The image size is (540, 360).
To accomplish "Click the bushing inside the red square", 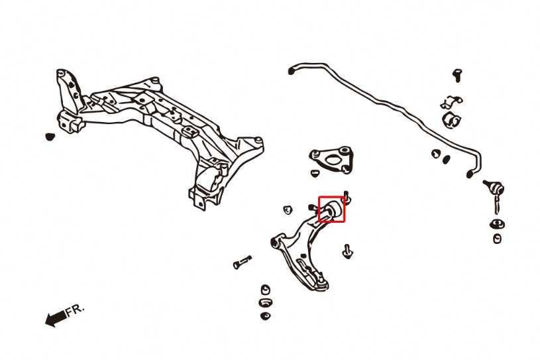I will (x=331, y=210).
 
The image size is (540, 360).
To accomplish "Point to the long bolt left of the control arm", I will (x=242, y=262).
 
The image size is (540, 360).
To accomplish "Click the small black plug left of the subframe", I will (x=48, y=137).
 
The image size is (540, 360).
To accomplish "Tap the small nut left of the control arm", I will (x=288, y=210).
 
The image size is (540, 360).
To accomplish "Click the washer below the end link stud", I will (x=496, y=222).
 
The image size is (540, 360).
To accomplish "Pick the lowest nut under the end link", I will (x=497, y=238).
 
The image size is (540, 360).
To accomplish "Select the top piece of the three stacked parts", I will (x=265, y=290).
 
